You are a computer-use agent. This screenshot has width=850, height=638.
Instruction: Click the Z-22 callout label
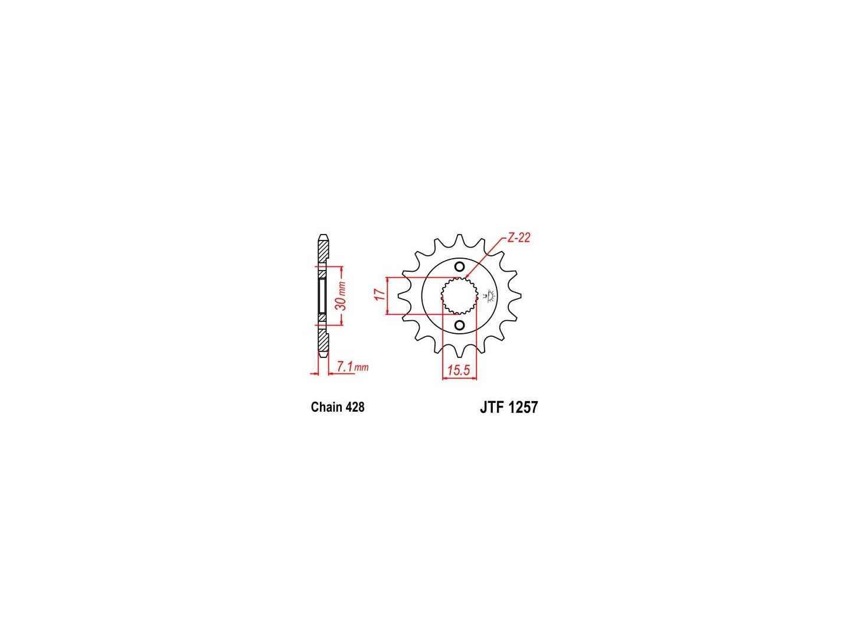tap(518, 237)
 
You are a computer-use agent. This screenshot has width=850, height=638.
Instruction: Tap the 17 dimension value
tap(381, 294)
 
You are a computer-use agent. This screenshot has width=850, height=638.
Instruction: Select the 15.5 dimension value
tap(459, 370)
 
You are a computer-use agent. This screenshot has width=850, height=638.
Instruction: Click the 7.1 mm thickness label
tap(352, 366)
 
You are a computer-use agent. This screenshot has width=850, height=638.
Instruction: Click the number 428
tap(355, 407)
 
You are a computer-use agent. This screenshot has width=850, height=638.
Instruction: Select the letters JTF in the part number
tap(492, 408)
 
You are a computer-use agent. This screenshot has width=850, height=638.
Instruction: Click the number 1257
tap(523, 408)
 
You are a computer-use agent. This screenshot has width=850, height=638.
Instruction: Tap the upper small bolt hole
tap(460, 267)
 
